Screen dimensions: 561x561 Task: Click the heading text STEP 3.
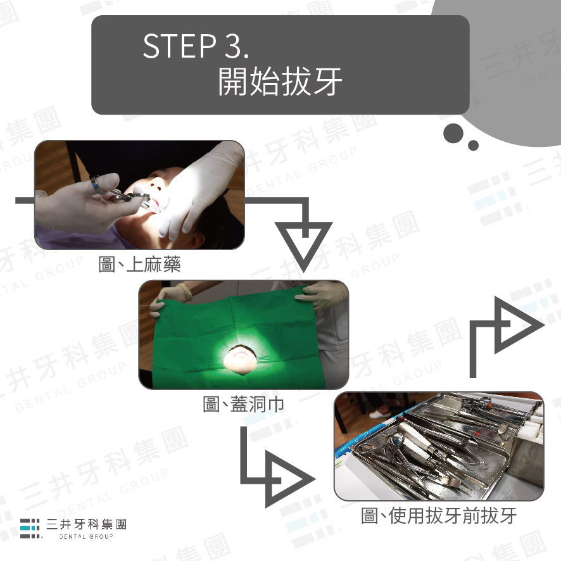click(x=196, y=46)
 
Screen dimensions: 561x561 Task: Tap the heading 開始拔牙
click(x=280, y=82)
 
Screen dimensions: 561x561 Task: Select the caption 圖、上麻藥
click(x=139, y=265)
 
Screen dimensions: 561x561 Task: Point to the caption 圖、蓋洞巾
click(x=244, y=405)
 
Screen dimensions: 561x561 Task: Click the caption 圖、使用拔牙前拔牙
click(x=439, y=515)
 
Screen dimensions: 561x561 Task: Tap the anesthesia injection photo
click(x=139, y=195)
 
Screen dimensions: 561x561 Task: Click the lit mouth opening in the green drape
click(x=241, y=359)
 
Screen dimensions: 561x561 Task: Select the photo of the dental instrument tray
click(x=439, y=446)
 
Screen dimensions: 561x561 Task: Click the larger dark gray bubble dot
click(x=453, y=134)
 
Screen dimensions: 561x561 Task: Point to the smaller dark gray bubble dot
click(x=473, y=145)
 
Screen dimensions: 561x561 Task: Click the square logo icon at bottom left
click(x=30, y=529)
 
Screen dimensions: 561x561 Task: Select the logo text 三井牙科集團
click(x=87, y=524)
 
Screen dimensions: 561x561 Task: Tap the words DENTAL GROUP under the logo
click(x=86, y=536)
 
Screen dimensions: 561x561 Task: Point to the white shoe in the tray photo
click(x=381, y=413)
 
